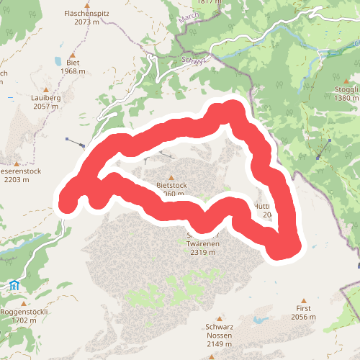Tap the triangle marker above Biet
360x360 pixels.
click(73, 53)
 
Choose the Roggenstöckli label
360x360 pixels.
click(24, 311)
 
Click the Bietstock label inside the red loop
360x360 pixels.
click(171, 185)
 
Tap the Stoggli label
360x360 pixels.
click(346, 89)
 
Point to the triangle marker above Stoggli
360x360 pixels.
click(346, 80)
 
